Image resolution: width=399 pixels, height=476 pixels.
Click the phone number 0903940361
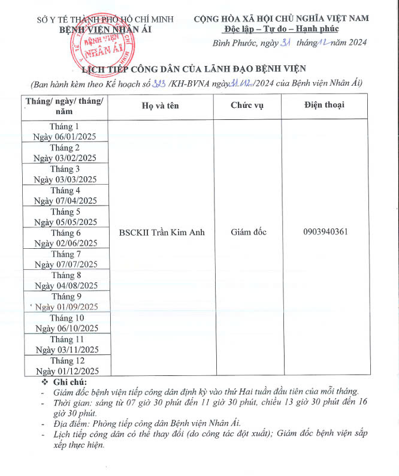click(324, 232)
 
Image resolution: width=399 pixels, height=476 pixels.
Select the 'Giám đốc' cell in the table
click(248, 232)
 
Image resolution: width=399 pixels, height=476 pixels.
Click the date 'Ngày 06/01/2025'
click(65, 137)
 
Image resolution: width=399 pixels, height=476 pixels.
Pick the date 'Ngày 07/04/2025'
click(65, 201)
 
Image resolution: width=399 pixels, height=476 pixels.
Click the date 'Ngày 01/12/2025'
click(66, 370)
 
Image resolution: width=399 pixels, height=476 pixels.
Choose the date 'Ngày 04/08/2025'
click(66, 286)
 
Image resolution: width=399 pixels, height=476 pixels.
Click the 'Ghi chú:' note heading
click(69, 382)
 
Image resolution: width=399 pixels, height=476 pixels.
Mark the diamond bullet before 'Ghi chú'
click(43, 382)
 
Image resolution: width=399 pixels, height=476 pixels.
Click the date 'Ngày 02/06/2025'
click(66, 243)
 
